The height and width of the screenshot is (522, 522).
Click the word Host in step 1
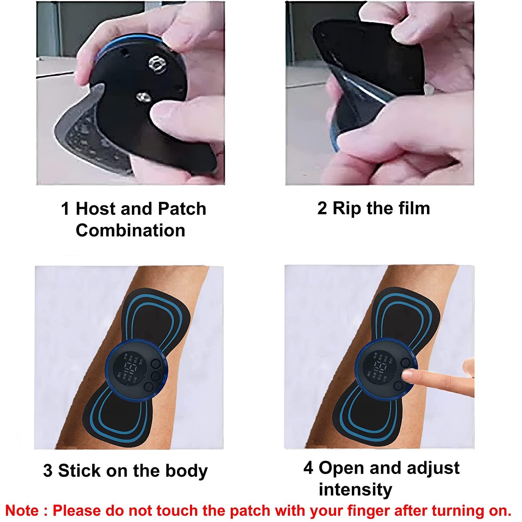pos(95,209)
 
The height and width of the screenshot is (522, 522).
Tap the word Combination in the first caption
pos(130,230)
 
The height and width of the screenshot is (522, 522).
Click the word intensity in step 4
pos(355,490)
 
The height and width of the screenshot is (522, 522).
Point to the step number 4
pos(308,468)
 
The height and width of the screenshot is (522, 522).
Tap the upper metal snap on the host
pos(156,64)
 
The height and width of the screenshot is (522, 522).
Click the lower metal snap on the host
pos(142,97)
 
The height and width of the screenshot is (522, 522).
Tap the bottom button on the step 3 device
pos(149,387)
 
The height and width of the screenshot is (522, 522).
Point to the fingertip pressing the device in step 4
pos(405,374)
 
